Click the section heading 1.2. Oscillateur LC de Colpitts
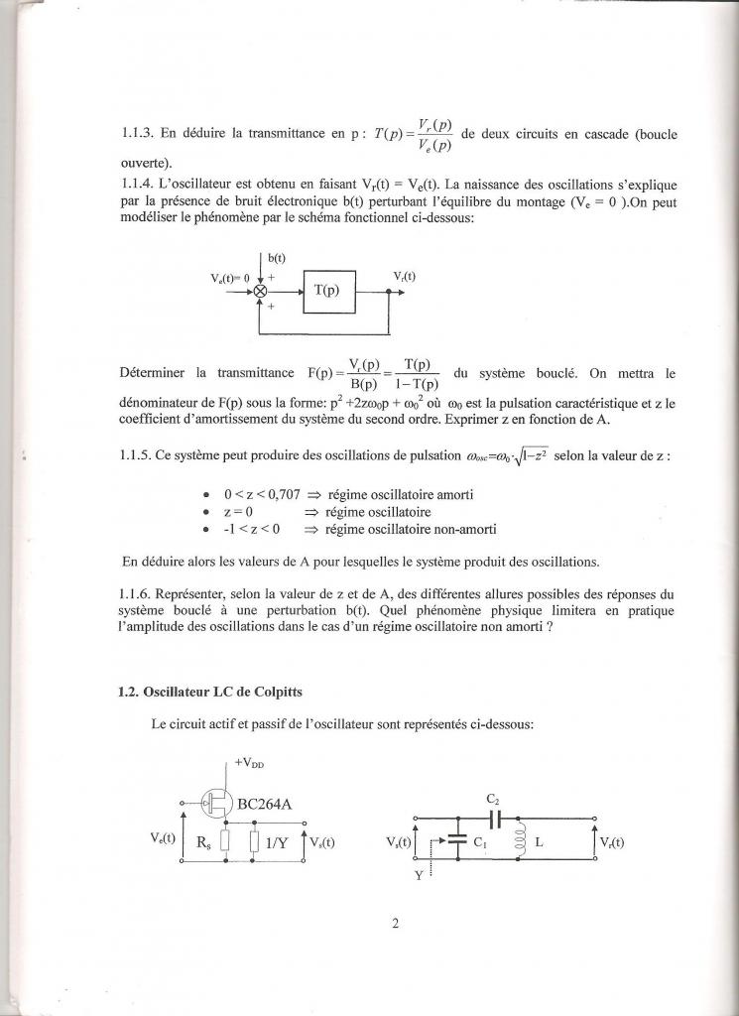click(205, 694)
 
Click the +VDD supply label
click(251, 764)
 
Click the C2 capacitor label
click(492, 799)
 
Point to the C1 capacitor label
click(480, 842)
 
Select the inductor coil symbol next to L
click(516, 842)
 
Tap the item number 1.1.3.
click(133, 132)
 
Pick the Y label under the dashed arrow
click(420, 876)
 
